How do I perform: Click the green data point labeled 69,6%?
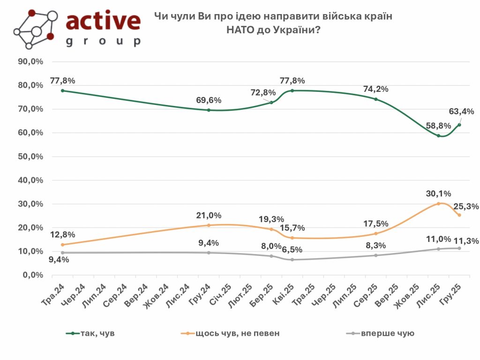pyautogui.click(x=208, y=110)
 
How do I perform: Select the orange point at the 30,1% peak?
pyautogui.click(x=438, y=203)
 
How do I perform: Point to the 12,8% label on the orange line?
pyautogui.click(x=62, y=235)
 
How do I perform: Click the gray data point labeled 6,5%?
pyautogui.click(x=292, y=260)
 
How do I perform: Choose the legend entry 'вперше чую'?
pyautogui.click(x=387, y=333)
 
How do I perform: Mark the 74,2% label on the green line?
pyautogui.click(x=376, y=89)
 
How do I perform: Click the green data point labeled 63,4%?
pyautogui.click(x=459, y=125)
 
